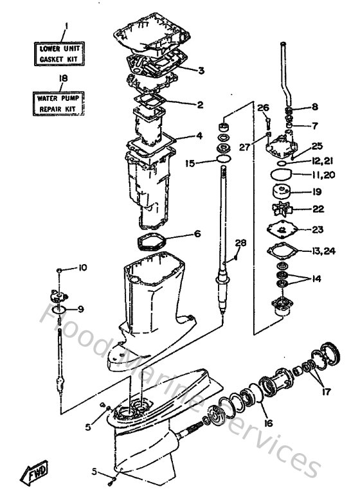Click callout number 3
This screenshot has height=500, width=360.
(x=201, y=70)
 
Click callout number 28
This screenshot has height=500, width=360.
(x=241, y=242)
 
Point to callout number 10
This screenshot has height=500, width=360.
(x=82, y=267)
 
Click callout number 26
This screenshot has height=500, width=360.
(x=263, y=107)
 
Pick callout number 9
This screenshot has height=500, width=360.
(x=81, y=308)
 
